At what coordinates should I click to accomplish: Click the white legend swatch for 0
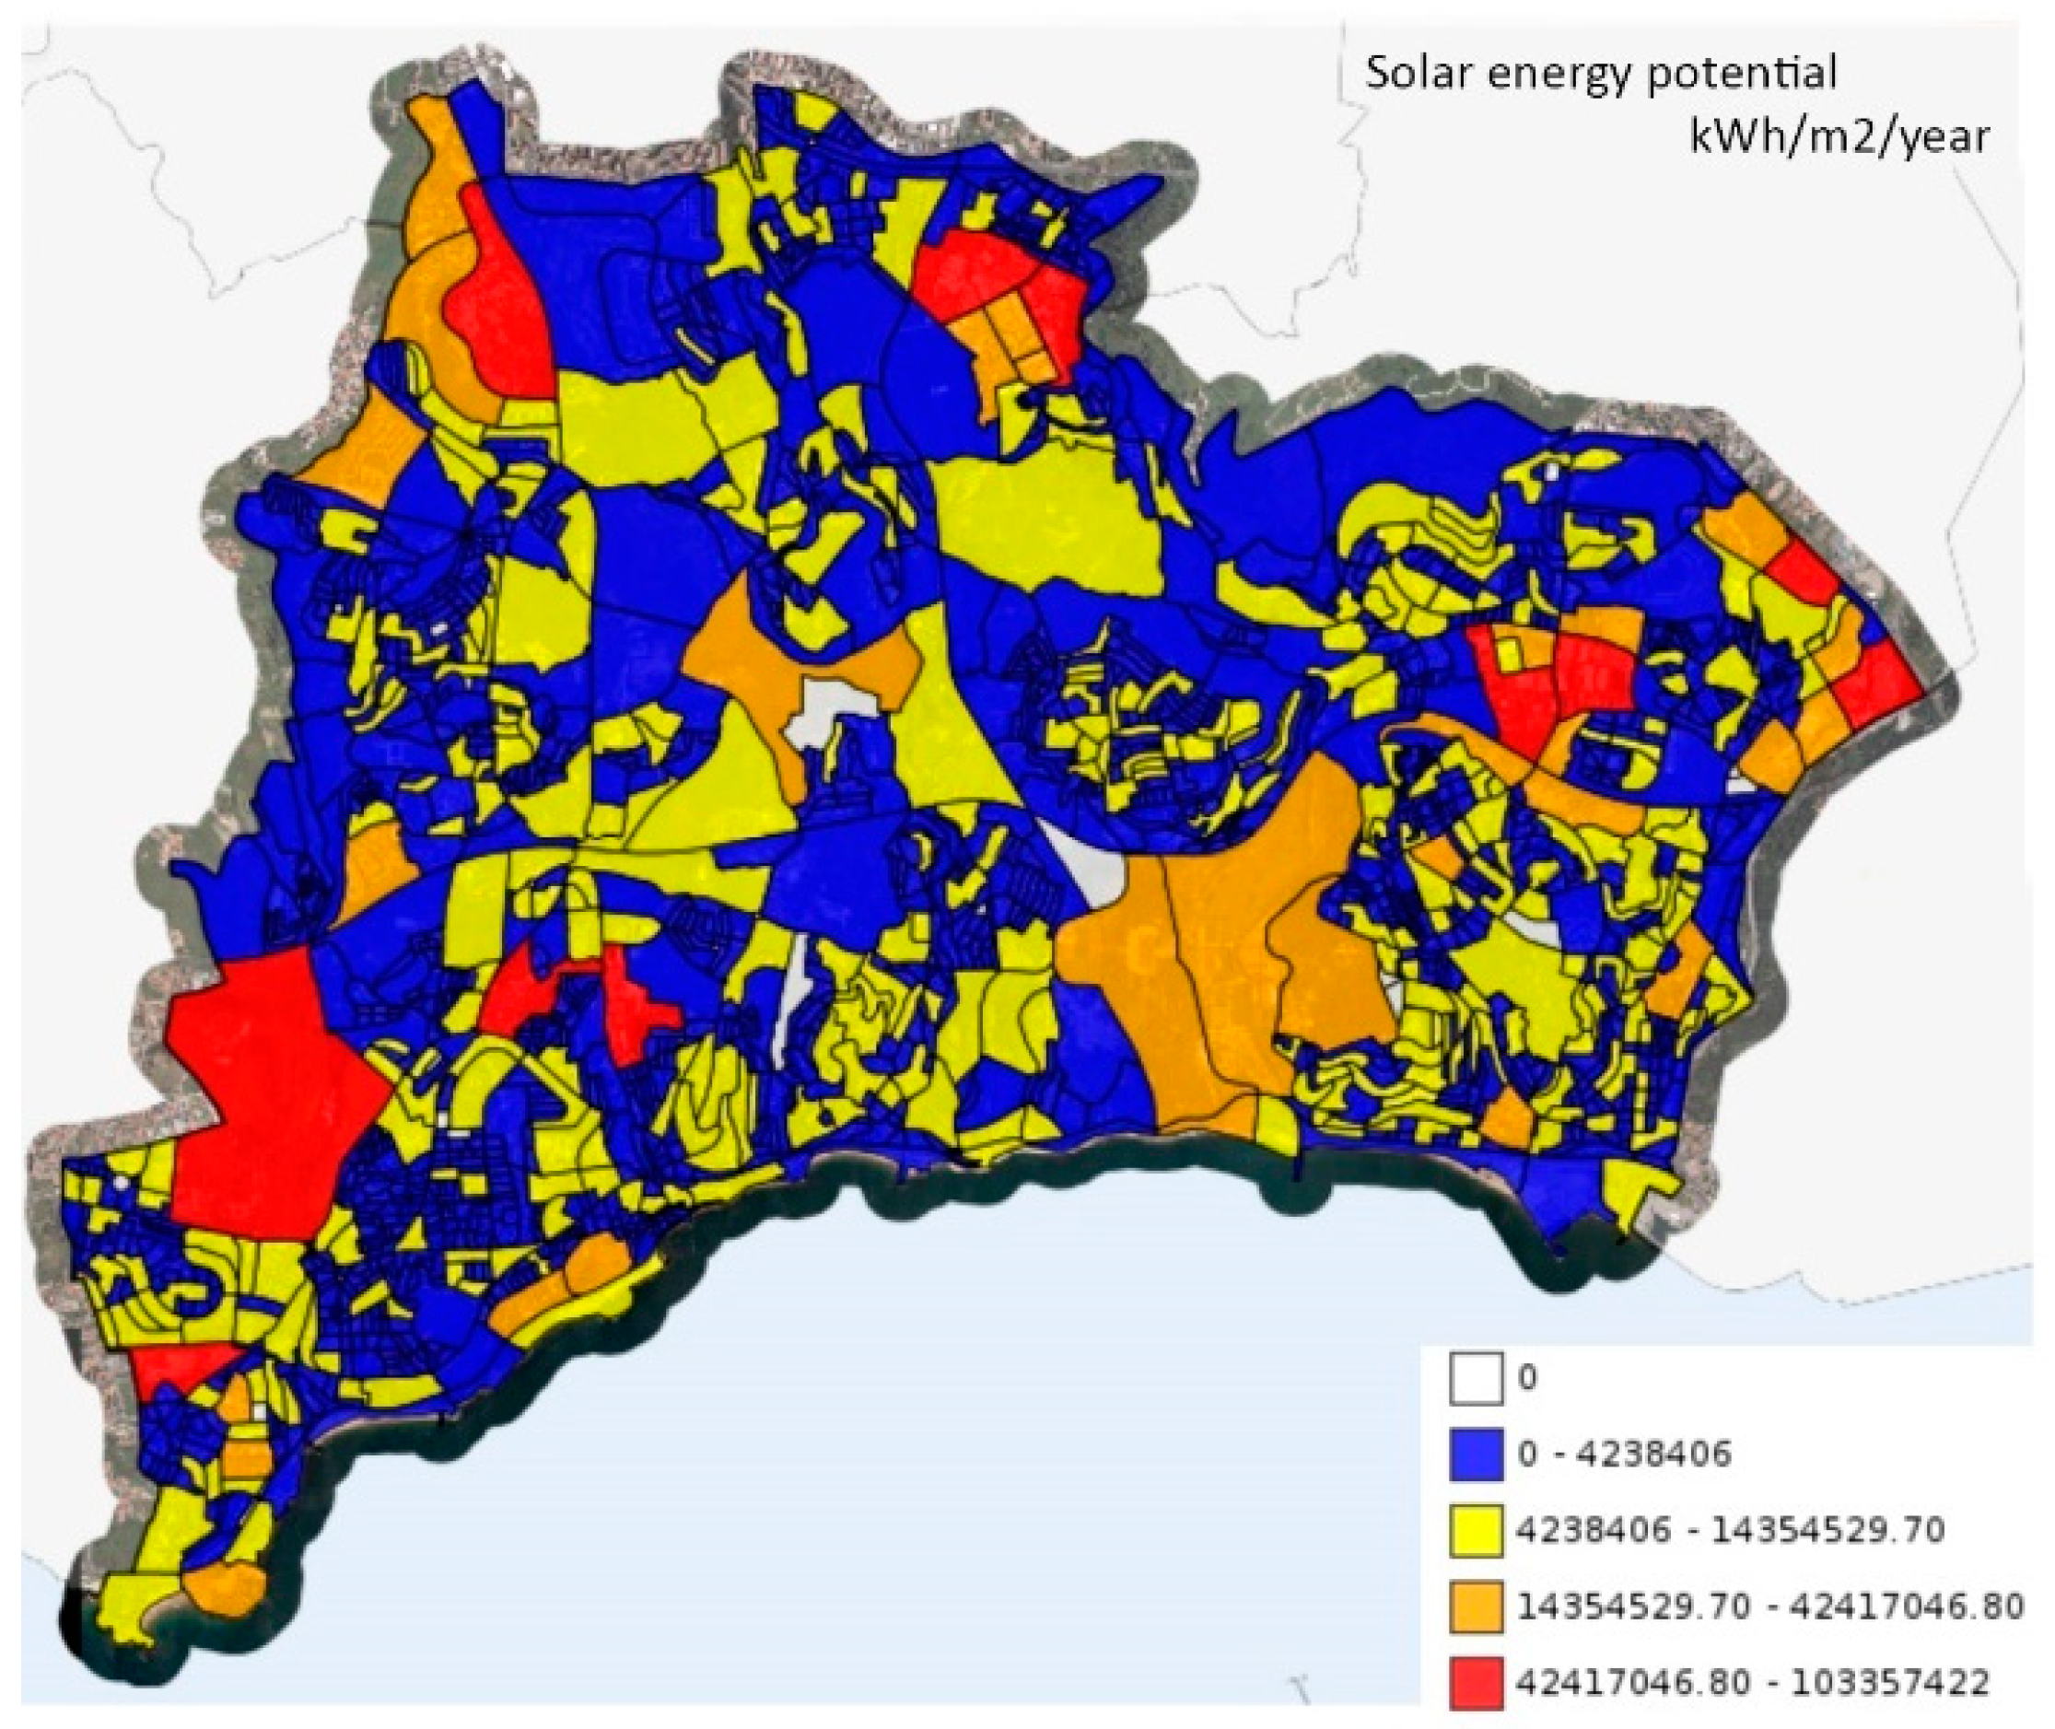pyautogui.click(x=1476, y=1378)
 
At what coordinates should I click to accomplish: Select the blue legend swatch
pyautogui.click(x=1476, y=1453)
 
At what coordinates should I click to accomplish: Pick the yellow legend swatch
pyautogui.click(x=1476, y=1529)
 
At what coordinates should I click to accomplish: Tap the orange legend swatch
pyautogui.click(x=1476, y=1606)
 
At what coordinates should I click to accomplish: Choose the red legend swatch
pyautogui.click(x=1476, y=1682)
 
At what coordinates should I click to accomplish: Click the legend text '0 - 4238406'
pyautogui.click(x=1625, y=1453)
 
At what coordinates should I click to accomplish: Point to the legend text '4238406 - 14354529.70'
pyautogui.click(x=1730, y=1529)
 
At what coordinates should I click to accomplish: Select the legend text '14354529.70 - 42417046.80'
pyautogui.click(x=1769, y=1606)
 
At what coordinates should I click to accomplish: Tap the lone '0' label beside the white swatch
pyautogui.click(x=1527, y=1378)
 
